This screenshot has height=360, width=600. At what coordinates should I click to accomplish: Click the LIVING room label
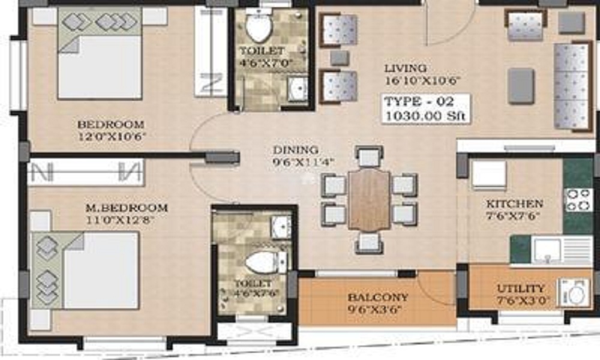(x=406, y=68)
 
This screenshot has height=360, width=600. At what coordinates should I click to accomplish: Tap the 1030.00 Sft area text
(x=426, y=115)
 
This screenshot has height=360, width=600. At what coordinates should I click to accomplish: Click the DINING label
(x=296, y=150)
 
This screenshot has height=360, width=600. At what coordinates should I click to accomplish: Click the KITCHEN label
(x=514, y=204)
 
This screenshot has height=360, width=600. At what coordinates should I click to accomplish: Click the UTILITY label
(x=521, y=289)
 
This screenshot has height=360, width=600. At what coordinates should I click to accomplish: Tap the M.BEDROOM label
(x=126, y=208)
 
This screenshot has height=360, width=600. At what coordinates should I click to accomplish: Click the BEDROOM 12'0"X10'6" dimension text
(x=111, y=136)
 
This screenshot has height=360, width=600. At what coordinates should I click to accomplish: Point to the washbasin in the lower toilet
(x=280, y=227)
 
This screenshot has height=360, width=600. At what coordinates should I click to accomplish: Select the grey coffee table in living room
(x=521, y=85)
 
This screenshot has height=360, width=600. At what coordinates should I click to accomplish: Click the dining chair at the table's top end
(x=369, y=157)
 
